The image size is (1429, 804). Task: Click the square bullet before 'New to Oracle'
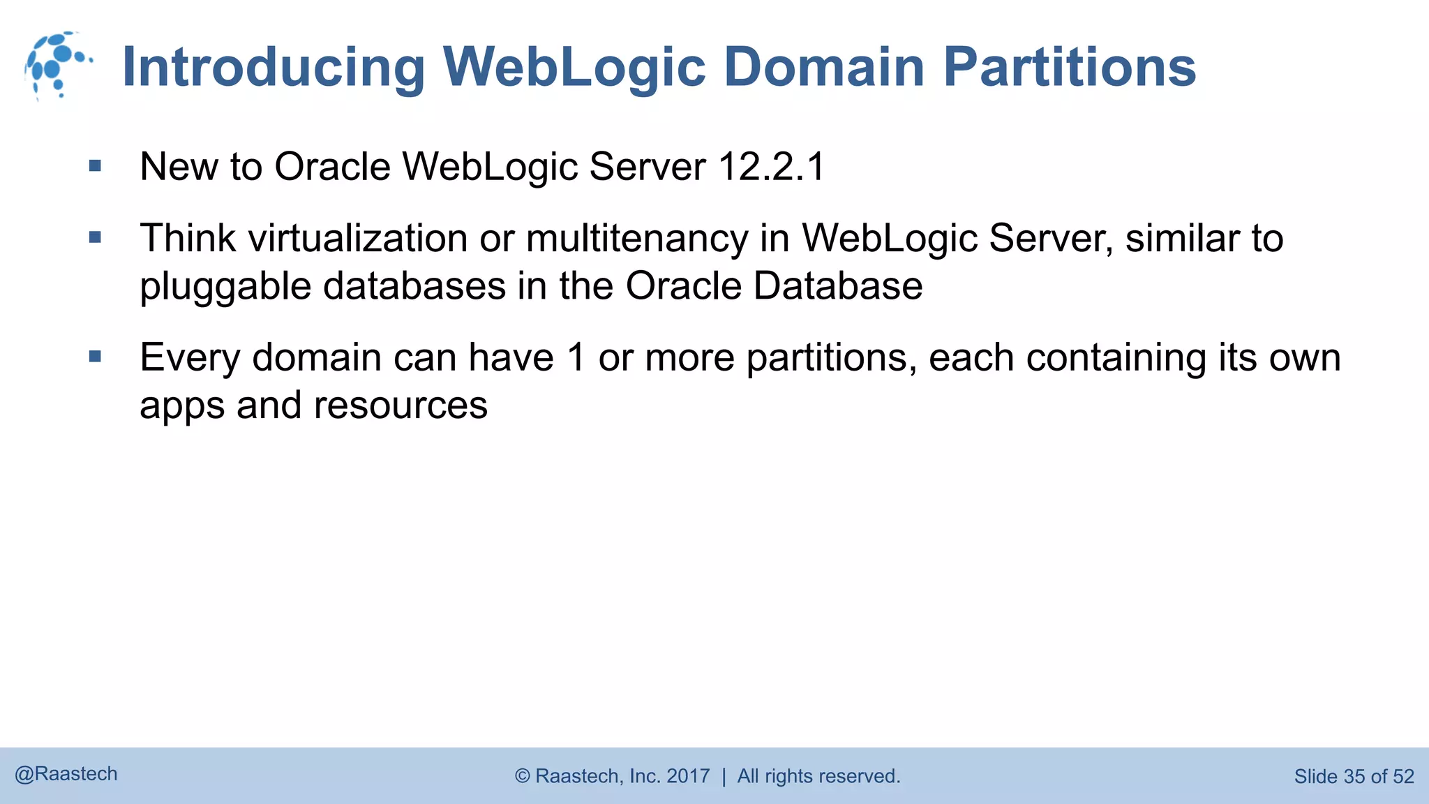(96, 166)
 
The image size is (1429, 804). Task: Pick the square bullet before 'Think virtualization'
(96, 238)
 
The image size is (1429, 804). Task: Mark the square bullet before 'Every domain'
(96, 357)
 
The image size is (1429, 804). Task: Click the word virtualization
(357, 239)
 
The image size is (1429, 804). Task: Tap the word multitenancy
(637, 239)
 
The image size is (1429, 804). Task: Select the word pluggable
(225, 287)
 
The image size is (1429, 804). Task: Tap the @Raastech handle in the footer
(66, 774)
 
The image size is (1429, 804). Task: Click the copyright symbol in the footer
(523, 776)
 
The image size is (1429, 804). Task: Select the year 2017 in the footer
(688, 776)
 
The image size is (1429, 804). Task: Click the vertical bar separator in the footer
(724, 776)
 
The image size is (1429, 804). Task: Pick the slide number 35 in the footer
(1354, 776)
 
